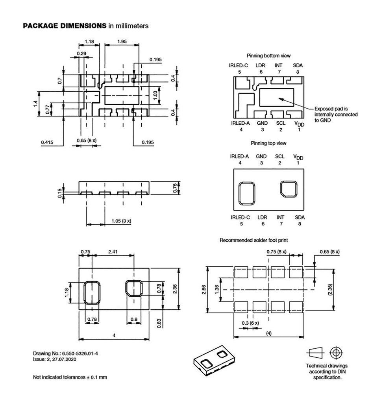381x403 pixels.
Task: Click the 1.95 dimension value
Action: [x=122, y=41]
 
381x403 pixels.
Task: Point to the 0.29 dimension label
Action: [x=81, y=53]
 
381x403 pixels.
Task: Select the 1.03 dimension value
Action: [x=155, y=95]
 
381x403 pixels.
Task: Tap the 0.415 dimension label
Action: [x=48, y=142]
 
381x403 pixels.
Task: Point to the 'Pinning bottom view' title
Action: [x=268, y=55]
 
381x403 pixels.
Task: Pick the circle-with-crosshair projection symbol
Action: [x=335, y=352]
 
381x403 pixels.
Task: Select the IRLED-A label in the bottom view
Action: [x=240, y=123]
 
